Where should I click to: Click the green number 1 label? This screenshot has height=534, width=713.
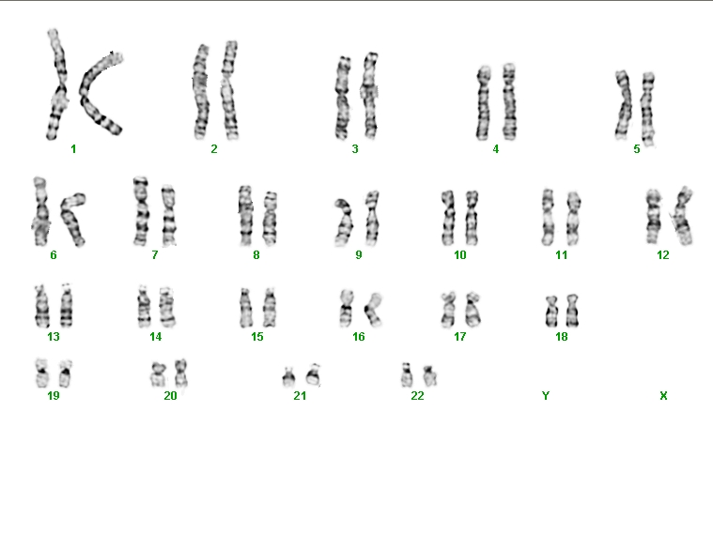(x=73, y=148)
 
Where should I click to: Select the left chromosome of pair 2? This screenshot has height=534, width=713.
(x=201, y=91)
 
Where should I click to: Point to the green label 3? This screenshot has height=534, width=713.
(x=355, y=148)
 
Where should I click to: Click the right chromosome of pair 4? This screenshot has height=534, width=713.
(x=509, y=101)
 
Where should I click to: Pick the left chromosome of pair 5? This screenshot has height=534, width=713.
(x=624, y=104)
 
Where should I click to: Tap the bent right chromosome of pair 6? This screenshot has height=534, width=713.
(x=73, y=220)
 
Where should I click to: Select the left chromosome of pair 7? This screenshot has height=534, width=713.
(x=141, y=211)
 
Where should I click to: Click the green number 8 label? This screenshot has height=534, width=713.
(x=256, y=255)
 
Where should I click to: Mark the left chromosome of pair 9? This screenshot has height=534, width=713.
(x=344, y=222)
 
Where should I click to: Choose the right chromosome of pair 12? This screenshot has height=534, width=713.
(x=683, y=216)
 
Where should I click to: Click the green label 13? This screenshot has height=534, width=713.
(x=54, y=337)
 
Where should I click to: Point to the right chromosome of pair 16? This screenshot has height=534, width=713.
(x=374, y=310)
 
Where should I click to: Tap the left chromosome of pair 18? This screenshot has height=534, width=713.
(x=551, y=312)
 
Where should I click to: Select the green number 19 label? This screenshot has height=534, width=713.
(x=54, y=396)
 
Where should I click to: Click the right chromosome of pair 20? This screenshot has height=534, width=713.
(x=181, y=373)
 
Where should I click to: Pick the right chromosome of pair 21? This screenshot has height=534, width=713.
(x=314, y=375)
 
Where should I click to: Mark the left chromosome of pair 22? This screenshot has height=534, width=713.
(x=407, y=375)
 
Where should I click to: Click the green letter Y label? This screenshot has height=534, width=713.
(x=546, y=396)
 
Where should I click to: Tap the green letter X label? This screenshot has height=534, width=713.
(x=663, y=396)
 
